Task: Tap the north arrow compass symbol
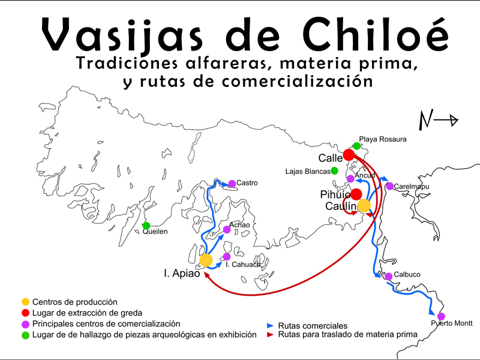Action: pos(437,121)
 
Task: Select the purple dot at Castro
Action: pos(232,184)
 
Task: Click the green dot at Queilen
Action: pos(146,226)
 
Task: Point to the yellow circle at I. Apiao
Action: pos(206,260)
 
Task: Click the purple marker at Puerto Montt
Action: pos(441,316)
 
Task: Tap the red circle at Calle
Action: pos(349,155)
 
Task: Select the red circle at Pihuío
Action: pos(356,194)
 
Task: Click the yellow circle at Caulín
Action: pos(364,206)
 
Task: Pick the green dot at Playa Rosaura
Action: pos(356,146)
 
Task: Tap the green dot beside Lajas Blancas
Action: pos(334,171)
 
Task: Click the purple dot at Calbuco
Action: pos(388,277)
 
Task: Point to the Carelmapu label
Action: pos(412,187)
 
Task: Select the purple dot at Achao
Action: pos(227,230)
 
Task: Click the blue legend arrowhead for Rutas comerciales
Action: pos(270,325)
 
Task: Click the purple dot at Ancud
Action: pos(350,179)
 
